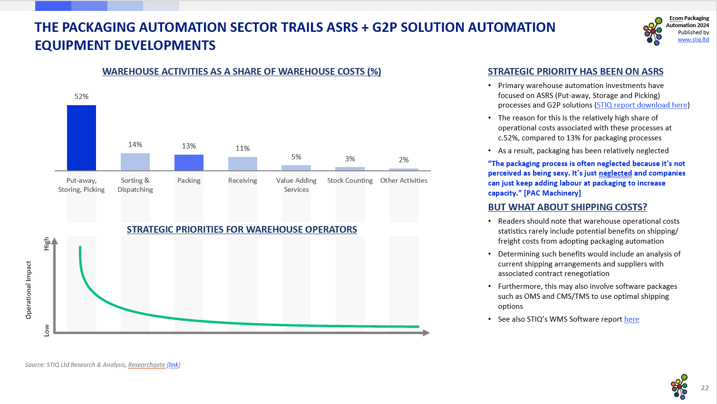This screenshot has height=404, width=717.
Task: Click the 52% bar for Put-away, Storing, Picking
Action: pos(81,138)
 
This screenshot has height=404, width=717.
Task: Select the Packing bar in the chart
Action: pos(189,162)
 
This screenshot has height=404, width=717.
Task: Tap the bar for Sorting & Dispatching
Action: pos(135,162)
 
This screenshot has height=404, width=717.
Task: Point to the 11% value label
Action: pos(242,148)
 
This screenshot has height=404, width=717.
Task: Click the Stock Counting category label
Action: pos(350,180)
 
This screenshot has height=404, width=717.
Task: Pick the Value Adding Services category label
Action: pos(296,185)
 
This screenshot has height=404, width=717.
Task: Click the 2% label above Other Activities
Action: pos(404,160)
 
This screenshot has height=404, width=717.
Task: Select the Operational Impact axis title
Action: pos(29,290)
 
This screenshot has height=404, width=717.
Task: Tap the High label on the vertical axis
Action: pos(47,244)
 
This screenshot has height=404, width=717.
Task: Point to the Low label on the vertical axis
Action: pos(47,330)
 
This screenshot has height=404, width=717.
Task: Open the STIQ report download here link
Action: pos(642,105)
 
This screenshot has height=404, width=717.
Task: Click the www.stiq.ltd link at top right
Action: pos(693,39)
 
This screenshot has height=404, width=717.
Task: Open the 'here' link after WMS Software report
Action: pos(631,319)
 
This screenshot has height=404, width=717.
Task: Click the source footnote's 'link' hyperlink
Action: pos(174,365)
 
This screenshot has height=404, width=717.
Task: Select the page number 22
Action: pos(705,388)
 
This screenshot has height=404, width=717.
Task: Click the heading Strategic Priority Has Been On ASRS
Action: pos(575,71)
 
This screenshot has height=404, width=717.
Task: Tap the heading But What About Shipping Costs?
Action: pos(567,207)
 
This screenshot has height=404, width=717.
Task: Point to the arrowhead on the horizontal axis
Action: pos(426,333)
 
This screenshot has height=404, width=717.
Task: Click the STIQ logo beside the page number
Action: pos(679,386)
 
